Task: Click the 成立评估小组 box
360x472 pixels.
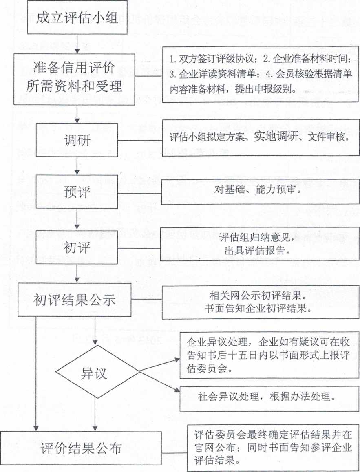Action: (77, 17)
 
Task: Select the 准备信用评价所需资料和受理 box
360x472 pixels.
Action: (74, 79)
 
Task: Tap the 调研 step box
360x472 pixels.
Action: (77, 140)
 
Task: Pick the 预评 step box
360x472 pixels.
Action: (77, 192)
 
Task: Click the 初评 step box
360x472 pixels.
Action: (77, 247)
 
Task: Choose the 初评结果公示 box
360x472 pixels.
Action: (74, 300)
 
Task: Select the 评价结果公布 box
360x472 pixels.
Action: (81, 448)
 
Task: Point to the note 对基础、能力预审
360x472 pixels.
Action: (261, 192)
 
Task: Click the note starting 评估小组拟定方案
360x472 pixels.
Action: (261, 138)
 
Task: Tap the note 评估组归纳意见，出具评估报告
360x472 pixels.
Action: (260, 244)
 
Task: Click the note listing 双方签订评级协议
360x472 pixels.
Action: (261, 74)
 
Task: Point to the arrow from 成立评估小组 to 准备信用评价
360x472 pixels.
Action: (77, 44)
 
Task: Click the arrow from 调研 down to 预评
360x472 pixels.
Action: (77, 166)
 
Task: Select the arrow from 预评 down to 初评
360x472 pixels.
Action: (77, 219)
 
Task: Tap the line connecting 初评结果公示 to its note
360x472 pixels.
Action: (147, 300)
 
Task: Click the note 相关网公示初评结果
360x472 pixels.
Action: (261, 302)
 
